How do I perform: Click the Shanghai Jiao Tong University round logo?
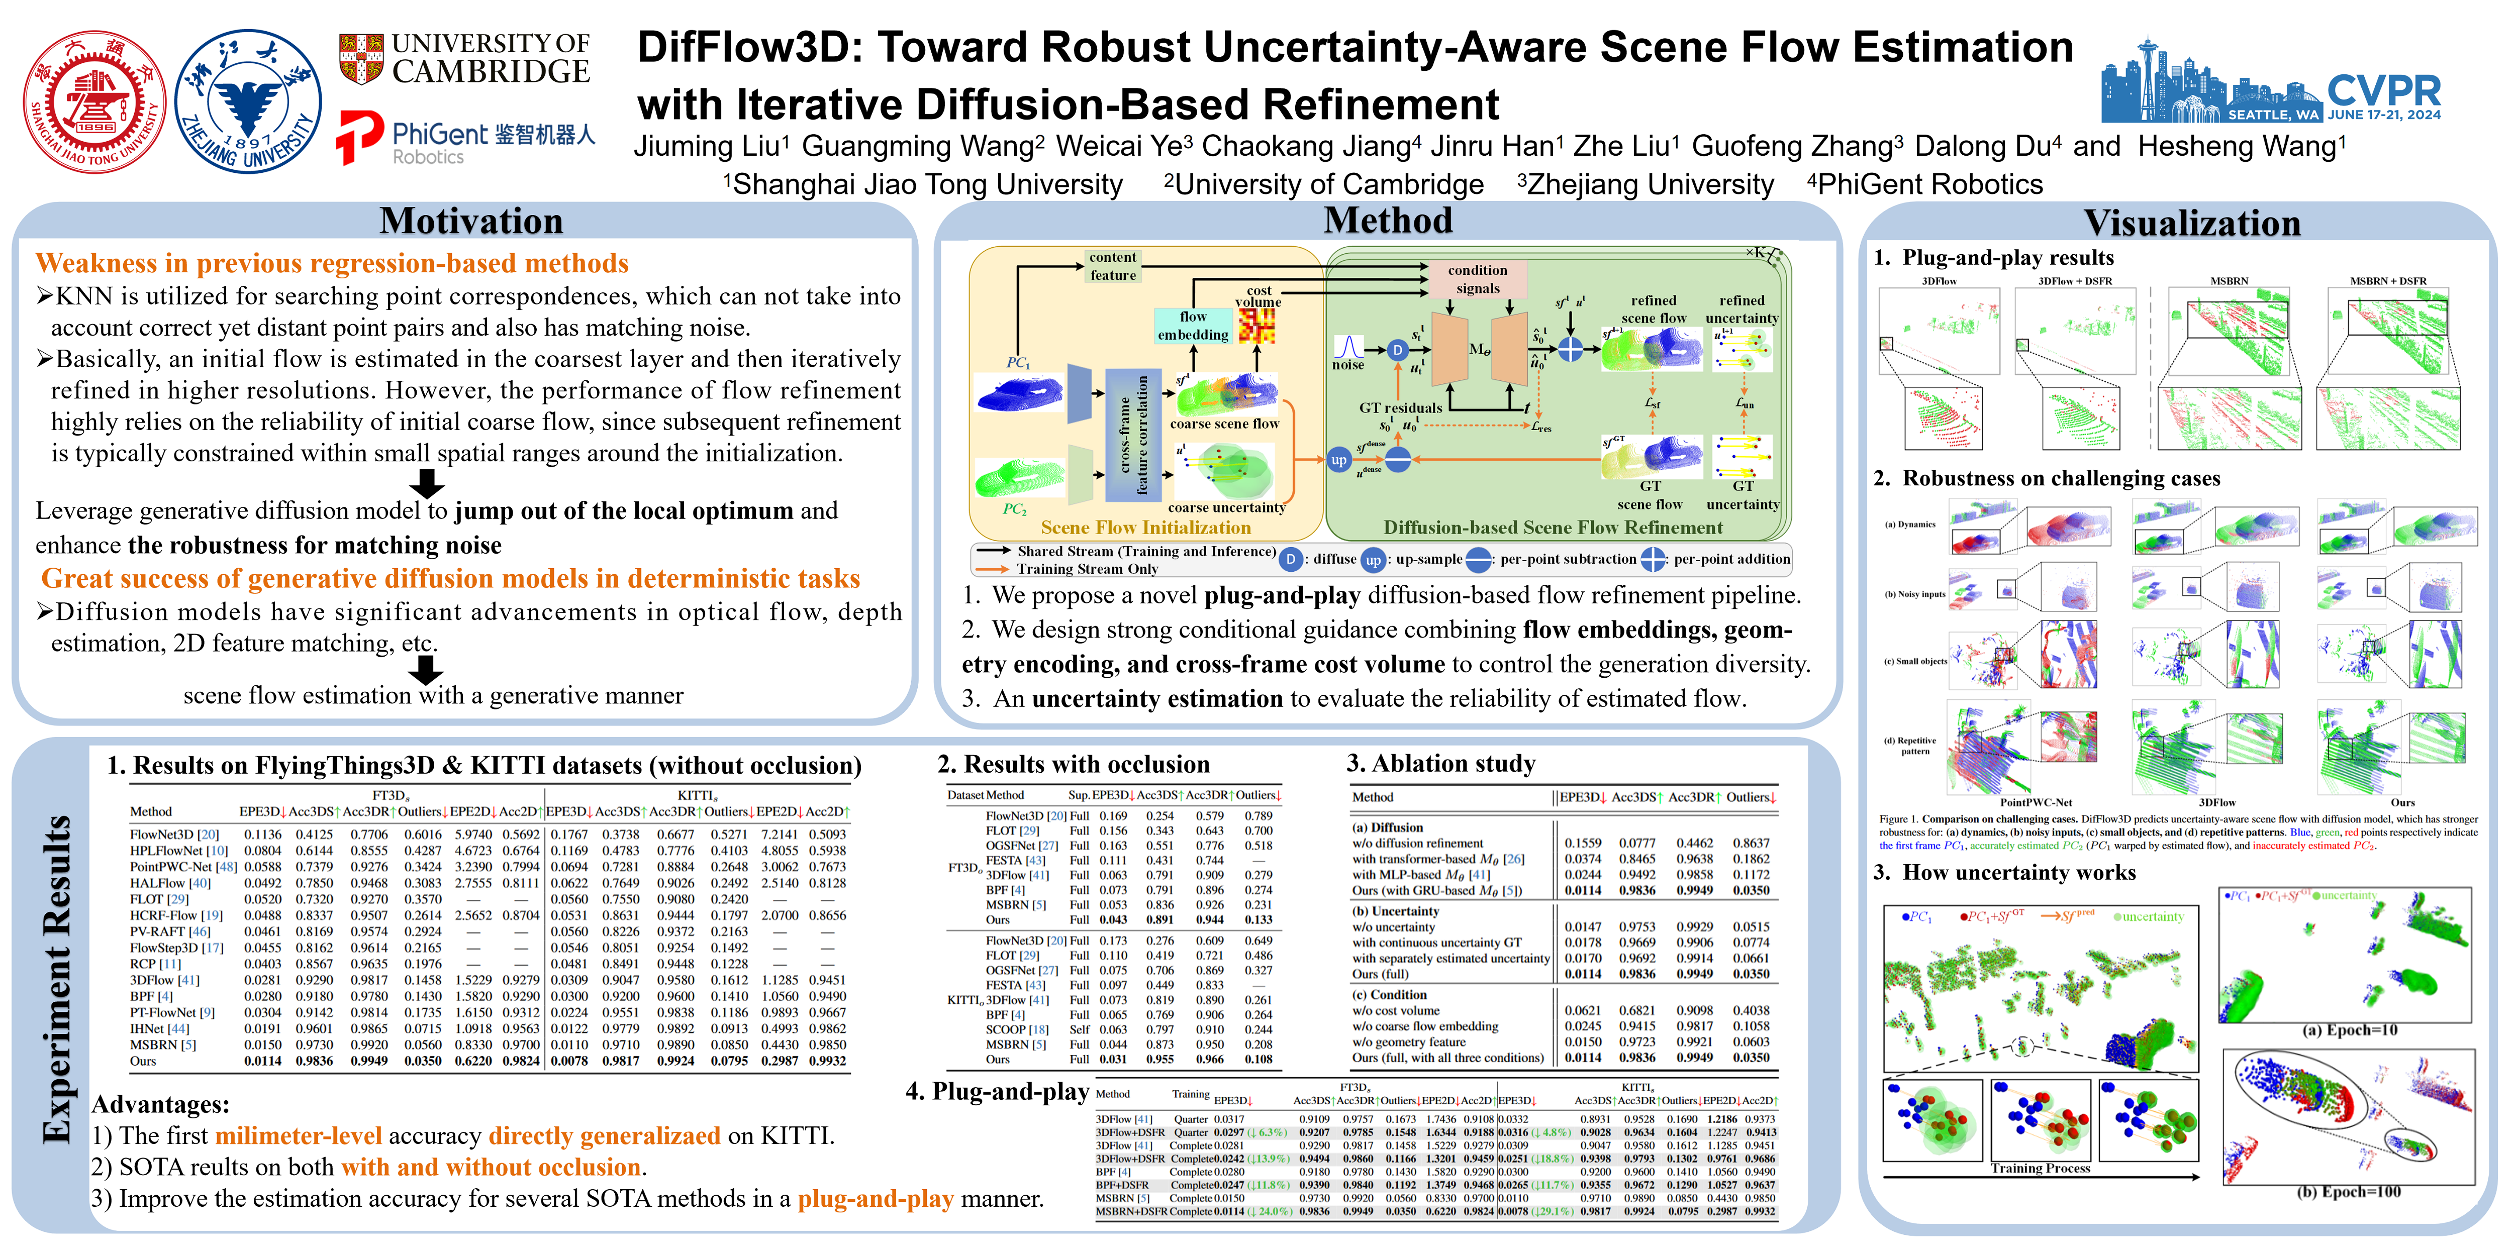click(94, 101)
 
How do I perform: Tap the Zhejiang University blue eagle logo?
click(248, 101)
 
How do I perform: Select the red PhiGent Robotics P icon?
click(359, 137)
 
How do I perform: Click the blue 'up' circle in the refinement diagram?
click(1338, 460)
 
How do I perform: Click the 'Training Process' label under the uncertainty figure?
click(2040, 1168)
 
